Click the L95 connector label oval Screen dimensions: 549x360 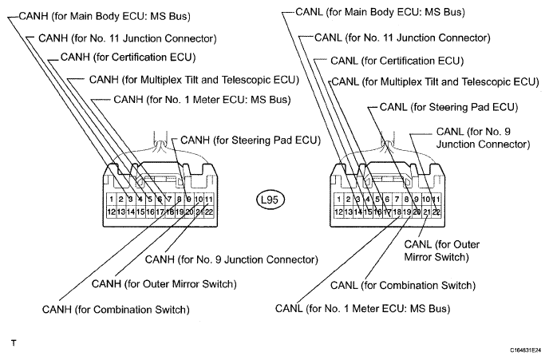[270, 200]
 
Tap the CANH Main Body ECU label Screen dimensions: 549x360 [105, 16]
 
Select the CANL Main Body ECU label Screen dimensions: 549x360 [381, 12]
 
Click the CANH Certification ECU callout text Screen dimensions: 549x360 [128, 57]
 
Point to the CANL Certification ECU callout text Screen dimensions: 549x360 [397, 61]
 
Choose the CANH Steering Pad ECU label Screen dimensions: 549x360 [251, 140]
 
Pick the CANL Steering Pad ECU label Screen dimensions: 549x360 [449, 107]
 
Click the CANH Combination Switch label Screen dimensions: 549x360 [116, 310]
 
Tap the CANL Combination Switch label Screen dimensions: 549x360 [403, 286]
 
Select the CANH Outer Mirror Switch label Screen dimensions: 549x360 [164, 283]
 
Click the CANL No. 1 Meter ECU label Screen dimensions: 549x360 [363, 309]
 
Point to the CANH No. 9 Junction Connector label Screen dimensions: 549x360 [231, 259]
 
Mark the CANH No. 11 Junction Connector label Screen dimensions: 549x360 [128, 38]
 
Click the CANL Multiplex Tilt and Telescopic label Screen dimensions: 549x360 [435, 82]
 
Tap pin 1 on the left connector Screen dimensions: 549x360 [112, 200]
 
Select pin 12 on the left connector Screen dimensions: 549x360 [112, 212]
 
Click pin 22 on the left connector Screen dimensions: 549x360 [209, 212]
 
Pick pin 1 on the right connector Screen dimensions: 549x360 [338, 200]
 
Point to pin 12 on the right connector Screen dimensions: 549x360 [338, 212]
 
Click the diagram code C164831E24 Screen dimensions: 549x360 [526, 350]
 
